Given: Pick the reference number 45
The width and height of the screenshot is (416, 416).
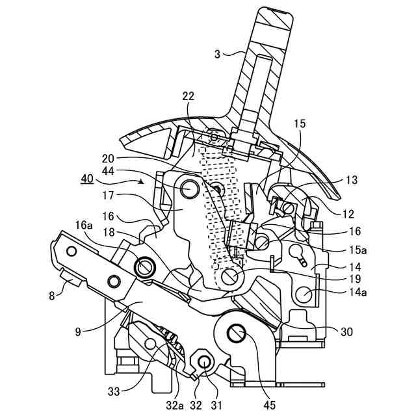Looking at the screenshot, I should coord(270,406).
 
